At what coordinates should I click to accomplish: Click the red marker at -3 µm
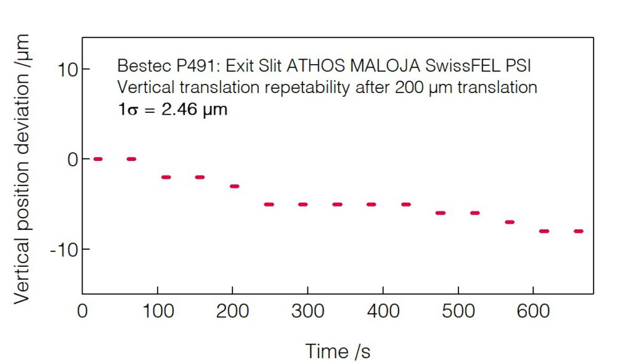click(x=234, y=186)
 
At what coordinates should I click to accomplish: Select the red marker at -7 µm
click(x=509, y=222)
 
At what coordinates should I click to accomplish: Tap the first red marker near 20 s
click(x=97, y=159)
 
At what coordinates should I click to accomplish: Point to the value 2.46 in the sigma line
click(x=181, y=111)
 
